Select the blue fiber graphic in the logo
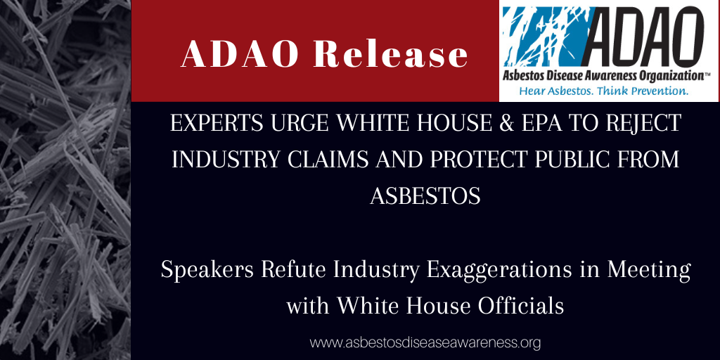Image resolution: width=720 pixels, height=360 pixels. click(546, 37)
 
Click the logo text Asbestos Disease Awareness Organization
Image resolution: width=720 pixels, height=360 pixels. click(605, 76)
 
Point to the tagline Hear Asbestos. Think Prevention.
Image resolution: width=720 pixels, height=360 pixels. click(604, 91)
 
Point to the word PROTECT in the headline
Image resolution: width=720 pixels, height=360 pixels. click(476, 160)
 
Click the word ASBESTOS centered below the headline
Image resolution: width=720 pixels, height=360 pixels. click(425, 196)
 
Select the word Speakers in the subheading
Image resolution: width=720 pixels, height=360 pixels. click(207, 271)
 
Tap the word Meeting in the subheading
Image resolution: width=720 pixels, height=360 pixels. click(649, 271)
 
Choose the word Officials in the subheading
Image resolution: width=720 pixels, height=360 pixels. click(521, 306)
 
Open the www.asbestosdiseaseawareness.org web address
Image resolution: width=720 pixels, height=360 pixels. click(425, 342)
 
